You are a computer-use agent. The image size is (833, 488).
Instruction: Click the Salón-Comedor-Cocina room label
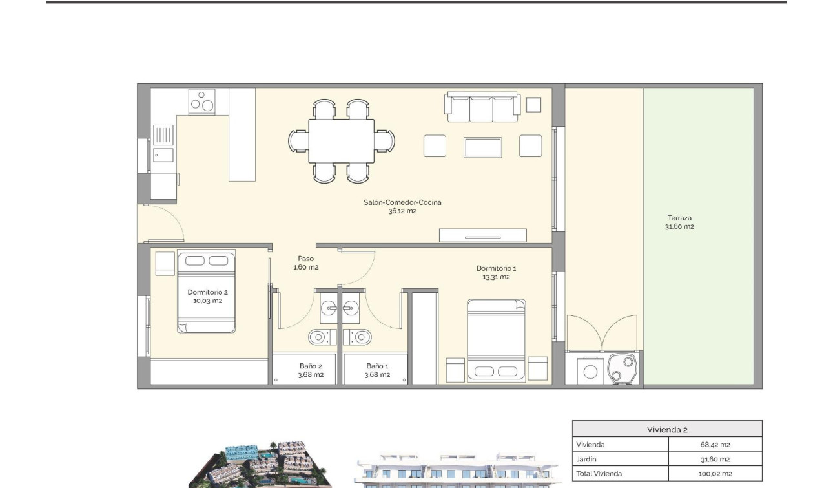pos(402,206)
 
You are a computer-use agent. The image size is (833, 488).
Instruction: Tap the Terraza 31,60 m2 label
pos(679,222)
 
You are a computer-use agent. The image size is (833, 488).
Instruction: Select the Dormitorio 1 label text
pos(496,272)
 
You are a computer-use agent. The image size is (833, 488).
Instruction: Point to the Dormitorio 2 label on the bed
pos(207,296)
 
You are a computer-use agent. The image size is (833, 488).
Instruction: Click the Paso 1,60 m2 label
pos(305,262)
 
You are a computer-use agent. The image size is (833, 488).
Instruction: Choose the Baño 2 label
pos(311,370)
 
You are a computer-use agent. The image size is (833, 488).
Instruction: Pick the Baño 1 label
pos(377,370)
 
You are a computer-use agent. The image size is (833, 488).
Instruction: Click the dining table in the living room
pos(341,141)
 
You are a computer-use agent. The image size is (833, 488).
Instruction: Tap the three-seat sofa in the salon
pos(482,107)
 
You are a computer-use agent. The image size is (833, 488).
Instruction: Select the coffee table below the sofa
pos(482,147)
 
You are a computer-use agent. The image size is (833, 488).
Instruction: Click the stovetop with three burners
pos(201,102)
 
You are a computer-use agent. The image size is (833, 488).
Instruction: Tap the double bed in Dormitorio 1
pos(496,339)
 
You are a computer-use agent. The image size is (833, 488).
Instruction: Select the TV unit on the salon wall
pos(482,235)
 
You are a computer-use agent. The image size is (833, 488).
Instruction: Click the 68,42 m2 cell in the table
pos(714,445)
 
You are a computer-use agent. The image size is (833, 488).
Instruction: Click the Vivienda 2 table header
pos(667,429)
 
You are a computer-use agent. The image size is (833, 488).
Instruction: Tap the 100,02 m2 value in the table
pos(714,474)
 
